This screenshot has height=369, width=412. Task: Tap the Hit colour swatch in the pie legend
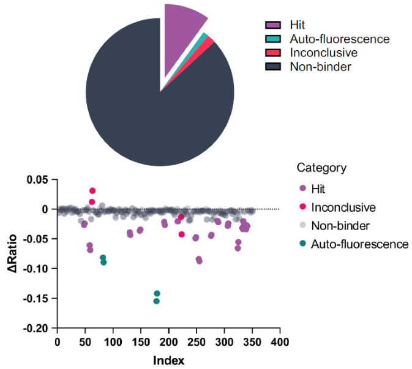pos(273,25)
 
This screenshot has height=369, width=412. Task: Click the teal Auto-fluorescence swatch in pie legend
pos(273,39)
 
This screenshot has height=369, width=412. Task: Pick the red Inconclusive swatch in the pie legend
pos(273,53)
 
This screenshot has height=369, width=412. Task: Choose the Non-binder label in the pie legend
pos(320,66)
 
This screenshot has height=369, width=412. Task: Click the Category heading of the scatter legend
pos(321,168)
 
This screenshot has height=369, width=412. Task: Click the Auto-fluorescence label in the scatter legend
pos(359,244)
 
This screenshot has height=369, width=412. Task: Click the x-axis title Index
pos(170,359)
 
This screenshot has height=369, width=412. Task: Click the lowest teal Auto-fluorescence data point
pos(156,301)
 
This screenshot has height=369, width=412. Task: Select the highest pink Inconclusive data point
pos(92,191)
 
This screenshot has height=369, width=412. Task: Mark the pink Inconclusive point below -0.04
pos(181,234)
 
